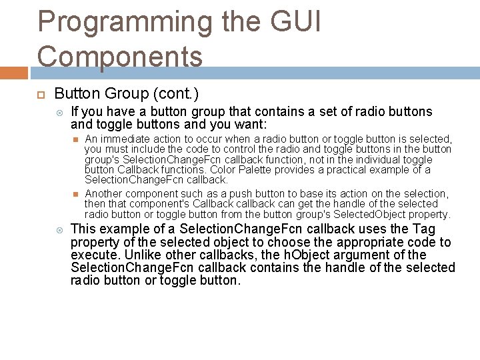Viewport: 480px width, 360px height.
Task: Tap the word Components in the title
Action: [120, 56]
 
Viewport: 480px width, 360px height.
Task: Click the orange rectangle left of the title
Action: [13, 71]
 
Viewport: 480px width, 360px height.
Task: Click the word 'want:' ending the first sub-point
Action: [249, 124]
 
